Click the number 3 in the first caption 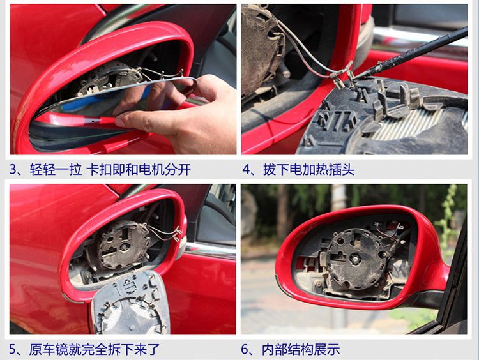[x=14, y=169]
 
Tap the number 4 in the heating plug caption [x=247, y=169]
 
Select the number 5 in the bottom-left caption [x=13, y=349]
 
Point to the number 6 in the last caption [x=245, y=349]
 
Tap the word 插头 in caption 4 [x=341, y=169]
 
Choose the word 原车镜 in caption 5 [x=49, y=349]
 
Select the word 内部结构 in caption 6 [x=287, y=349]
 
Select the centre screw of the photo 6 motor [x=355, y=259]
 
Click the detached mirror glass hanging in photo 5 [x=131, y=303]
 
